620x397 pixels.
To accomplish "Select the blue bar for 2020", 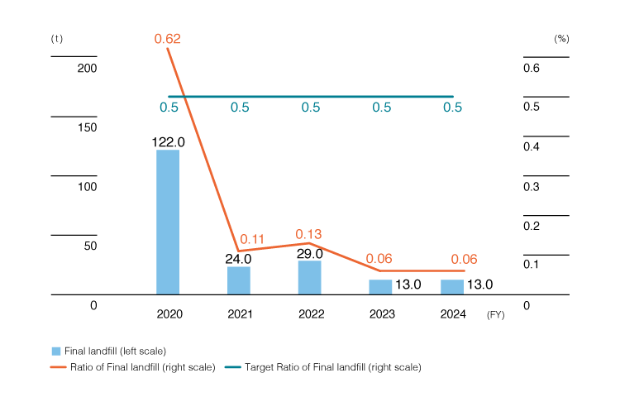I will (x=168, y=222).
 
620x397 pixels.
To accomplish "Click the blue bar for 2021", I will (x=239, y=280).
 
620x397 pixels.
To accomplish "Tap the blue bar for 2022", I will (x=310, y=277).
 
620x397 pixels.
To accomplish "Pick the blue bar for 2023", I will (x=380, y=287).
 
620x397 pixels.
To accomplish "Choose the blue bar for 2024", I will (x=452, y=287).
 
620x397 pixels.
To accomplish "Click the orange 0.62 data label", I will (x=168, y=39).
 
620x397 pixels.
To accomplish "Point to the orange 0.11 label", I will (x=251, y=240).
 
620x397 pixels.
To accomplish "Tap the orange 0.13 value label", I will (x=310, y=233).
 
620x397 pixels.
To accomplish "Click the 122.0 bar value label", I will (x=168, y=141).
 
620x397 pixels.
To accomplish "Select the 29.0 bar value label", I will (x=310, y=253).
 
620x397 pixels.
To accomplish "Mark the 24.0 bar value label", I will (x=239, y=258).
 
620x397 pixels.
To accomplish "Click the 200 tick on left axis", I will (x=87, y=68).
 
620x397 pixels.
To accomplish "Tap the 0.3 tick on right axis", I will (x=532, y=187).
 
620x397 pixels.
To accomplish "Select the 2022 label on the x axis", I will (x=310, y=314).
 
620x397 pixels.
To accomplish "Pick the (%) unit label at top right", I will (x=561, y=39).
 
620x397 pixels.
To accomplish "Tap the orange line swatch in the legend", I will (x=56, y=367).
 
